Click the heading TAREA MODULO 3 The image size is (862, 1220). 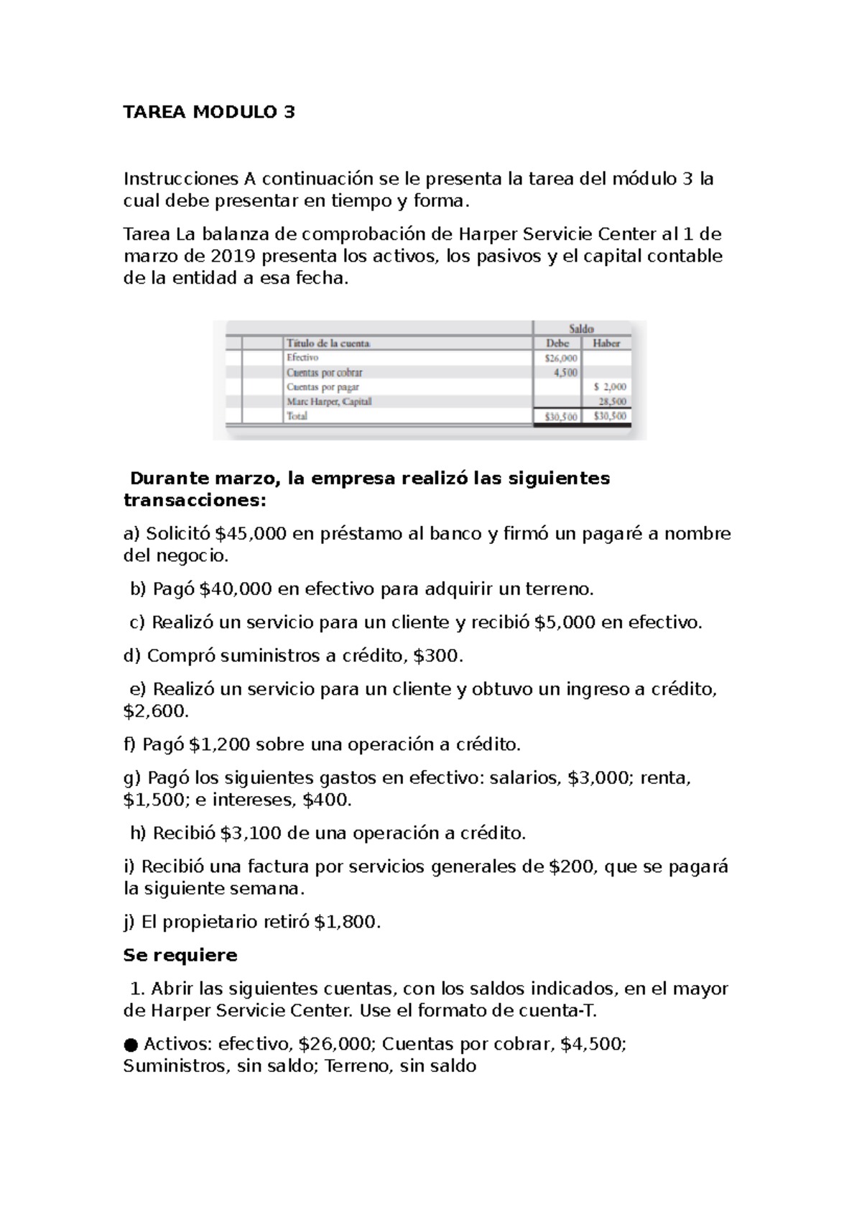(209, 113)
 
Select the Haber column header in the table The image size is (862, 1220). (606, 343)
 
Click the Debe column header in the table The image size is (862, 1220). (557, 343)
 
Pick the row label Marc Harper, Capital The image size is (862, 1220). (329, 402)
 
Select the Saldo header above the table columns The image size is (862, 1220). (581, 328)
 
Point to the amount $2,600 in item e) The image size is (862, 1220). (156, 711)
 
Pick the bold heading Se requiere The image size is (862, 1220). (180, 956)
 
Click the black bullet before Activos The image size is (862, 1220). (130, 1044)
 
